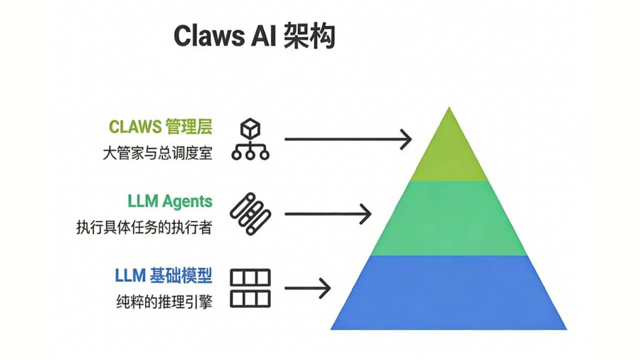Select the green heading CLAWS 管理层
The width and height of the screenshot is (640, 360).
[161, 127]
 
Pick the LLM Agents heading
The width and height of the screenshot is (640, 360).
[170, 201]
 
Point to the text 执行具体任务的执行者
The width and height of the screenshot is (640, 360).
[144, 228]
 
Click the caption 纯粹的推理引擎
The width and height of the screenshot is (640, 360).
[164, 301]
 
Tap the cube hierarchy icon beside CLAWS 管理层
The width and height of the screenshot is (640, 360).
[250, 139]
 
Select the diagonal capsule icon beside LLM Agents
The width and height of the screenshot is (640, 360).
[250, 213]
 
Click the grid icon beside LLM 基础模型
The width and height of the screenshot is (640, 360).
[250, 288]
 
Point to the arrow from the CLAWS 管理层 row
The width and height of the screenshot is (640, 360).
[348, 139]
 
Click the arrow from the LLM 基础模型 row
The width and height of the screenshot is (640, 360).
[308, 288]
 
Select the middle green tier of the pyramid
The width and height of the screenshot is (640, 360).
[449, 217]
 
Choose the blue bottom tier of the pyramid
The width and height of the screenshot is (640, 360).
[449, 292]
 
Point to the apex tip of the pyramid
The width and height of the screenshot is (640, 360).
[449, 109]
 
